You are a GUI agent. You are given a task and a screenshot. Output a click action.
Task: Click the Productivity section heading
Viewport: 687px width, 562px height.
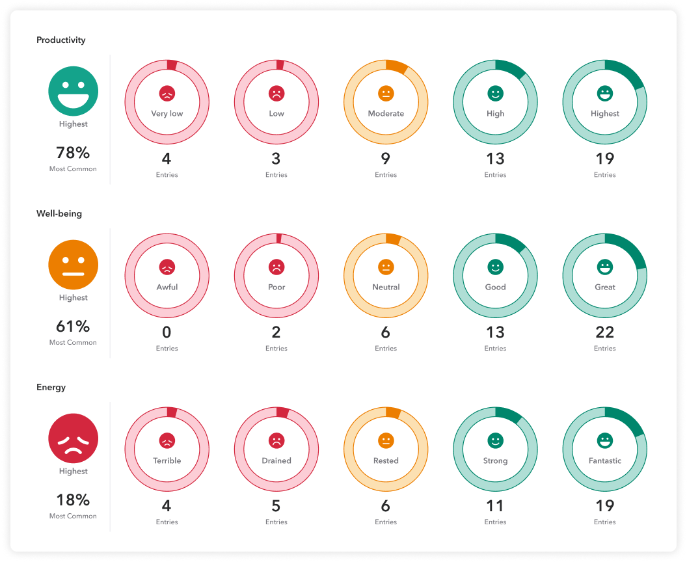(61, 40)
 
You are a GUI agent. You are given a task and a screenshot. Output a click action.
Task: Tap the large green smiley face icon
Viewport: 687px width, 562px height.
(74, 92)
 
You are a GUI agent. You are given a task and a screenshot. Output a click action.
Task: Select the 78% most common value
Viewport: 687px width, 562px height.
(73, 154)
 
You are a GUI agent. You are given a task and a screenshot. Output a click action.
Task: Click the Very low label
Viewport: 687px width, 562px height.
(167, 114)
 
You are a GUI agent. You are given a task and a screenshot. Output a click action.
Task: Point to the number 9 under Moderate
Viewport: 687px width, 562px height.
(386, 159)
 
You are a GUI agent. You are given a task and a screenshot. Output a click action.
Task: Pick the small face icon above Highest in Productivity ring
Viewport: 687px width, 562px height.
(605, 94)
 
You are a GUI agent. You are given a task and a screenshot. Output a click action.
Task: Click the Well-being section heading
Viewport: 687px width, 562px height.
(59, 214)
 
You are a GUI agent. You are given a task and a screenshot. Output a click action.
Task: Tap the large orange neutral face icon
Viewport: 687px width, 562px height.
(74, 266)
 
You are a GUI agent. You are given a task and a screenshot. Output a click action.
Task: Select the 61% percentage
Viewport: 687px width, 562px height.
(73, 327)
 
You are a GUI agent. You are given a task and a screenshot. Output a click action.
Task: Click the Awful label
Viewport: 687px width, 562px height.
(167, 288)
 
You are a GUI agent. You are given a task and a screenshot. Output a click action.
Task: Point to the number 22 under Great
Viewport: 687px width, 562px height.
(605, 332)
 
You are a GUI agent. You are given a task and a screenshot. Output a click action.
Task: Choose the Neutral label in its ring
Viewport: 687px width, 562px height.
(386, 288)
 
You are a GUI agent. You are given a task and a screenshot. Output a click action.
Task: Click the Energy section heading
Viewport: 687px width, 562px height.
(51, 388)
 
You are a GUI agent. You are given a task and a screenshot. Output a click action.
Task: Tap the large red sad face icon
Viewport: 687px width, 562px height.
(74, 440)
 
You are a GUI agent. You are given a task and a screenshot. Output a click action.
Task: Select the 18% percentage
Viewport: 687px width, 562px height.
(73, 501)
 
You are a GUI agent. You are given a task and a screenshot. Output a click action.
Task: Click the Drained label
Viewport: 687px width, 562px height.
(276, 461)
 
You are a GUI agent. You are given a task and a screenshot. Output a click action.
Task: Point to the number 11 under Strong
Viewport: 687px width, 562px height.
(495, 506)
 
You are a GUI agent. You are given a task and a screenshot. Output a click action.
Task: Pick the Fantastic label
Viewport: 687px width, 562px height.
(605, 461)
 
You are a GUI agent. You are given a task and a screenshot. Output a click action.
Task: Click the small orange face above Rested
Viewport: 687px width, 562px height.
(386, 441)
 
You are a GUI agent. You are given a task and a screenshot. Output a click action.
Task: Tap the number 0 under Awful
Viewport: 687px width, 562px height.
(167, 332)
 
